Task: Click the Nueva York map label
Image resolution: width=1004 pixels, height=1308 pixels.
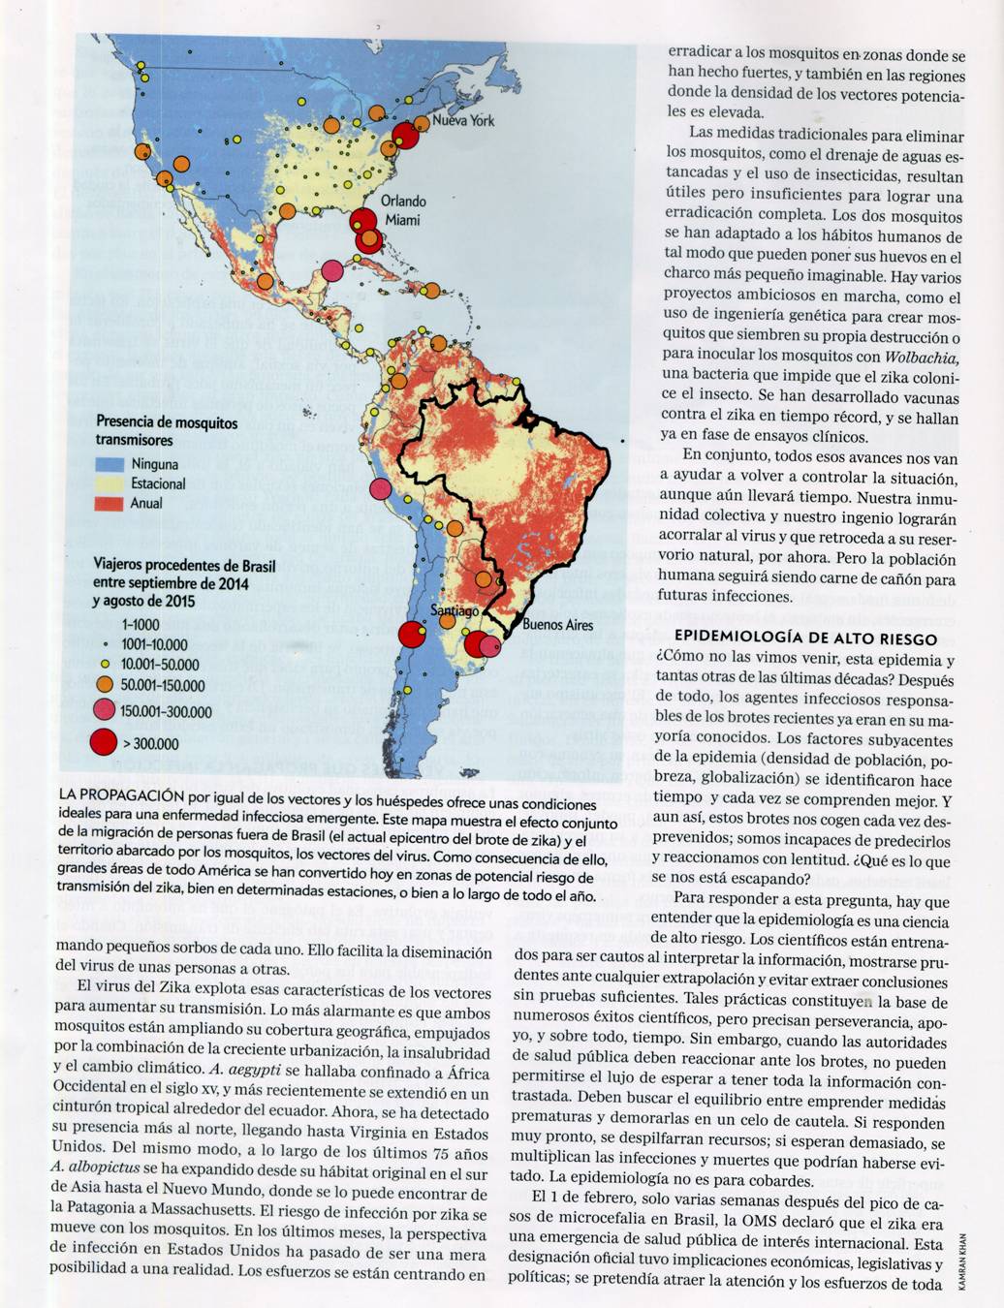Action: (x=463, y=121)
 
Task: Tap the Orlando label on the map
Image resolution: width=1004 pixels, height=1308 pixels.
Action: (x=403, y=202)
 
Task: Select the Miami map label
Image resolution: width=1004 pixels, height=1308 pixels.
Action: (x=402, y=220)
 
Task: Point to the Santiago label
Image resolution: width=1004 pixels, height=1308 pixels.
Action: (x=455, y=611)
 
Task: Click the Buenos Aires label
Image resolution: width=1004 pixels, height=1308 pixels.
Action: (x=557, y=625)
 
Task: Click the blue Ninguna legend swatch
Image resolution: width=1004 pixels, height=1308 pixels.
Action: (x=110, y=464)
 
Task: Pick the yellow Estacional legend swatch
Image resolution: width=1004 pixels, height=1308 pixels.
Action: (x=110, y=483)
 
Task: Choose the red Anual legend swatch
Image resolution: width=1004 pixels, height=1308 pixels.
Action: (x=110, y=503)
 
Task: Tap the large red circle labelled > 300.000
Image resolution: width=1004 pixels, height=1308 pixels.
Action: (x=103, y=744)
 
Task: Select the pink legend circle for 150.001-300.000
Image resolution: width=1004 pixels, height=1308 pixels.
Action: (x=103, y=711)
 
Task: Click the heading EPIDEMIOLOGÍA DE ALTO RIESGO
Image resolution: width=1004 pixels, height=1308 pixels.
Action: (x=805, y=638)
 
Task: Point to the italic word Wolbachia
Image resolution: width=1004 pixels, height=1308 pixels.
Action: (x=922, y=356)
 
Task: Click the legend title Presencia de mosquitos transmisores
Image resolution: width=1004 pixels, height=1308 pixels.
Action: (x=166, y=431)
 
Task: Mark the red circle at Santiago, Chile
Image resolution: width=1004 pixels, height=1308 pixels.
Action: (x=412, y=636)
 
